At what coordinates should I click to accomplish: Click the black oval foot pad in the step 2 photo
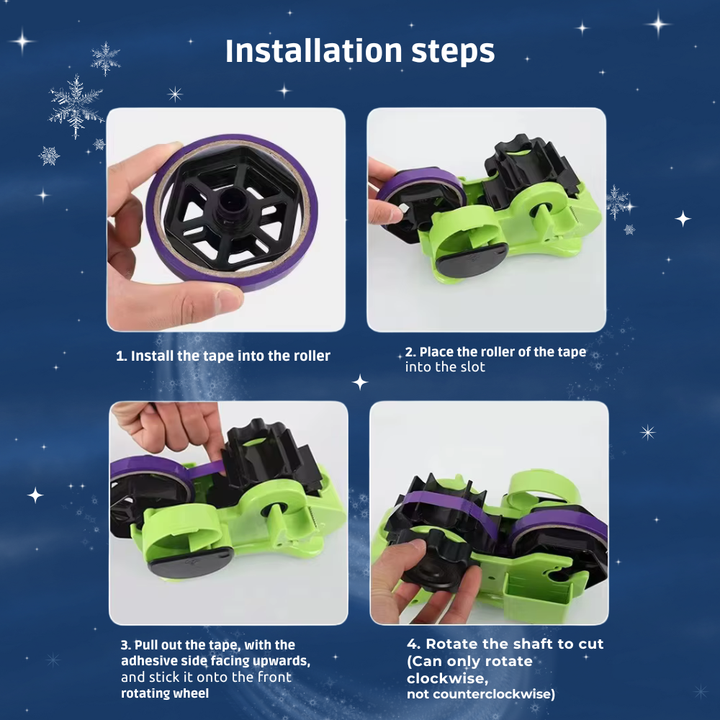coord(471,259)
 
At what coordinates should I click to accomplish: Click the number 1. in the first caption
coord(121,356)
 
